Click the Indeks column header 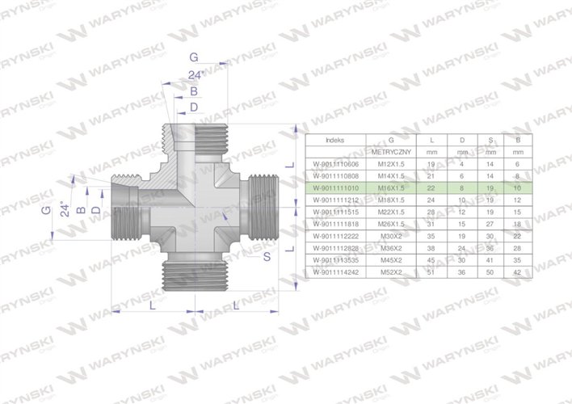click(334, 139)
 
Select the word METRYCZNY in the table click(392, 152)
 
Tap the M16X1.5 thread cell click(392, 187)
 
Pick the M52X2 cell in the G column click(392, 275)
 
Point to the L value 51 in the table click(431, 275)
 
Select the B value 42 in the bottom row click(516, 275)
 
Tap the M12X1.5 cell click(392, 163)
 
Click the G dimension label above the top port click(193, 57)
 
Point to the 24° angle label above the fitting click(194, 75)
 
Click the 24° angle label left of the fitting click(63, 210)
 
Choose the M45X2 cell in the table click(392, 263)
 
